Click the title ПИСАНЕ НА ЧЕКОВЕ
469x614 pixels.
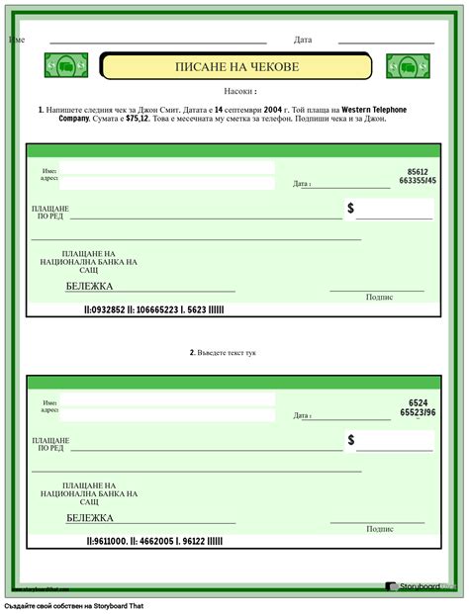click(x=235, y=66)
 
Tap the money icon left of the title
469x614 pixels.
click(x=66, y=65)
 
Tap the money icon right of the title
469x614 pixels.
click(x=407, y=66)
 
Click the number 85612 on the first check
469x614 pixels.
click(x=418, y=171)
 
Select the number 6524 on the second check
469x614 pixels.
click(x=419, y=402)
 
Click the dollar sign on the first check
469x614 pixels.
click(x=350, y=209)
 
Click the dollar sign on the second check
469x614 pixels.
click(x=350, y=439)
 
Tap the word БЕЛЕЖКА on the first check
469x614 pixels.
click(x=89, y=286)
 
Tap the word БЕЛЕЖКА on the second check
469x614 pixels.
click(x=90, y=517)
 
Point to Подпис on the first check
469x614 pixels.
click(x=379, y=296)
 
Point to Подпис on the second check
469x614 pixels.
click(x=379, y=529)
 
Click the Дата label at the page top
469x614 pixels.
click(x=303, y=41)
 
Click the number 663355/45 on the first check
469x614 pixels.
click(x=417, y=181)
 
